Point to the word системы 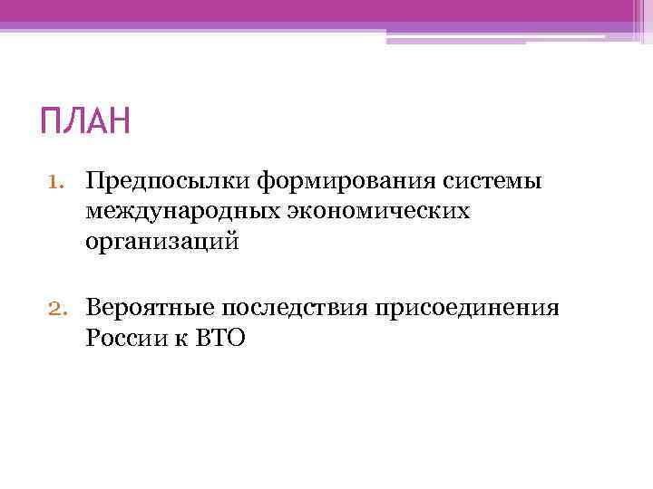[x=495, y=182]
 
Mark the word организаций [x=163, y=242]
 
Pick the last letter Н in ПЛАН [x=119, y=121]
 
